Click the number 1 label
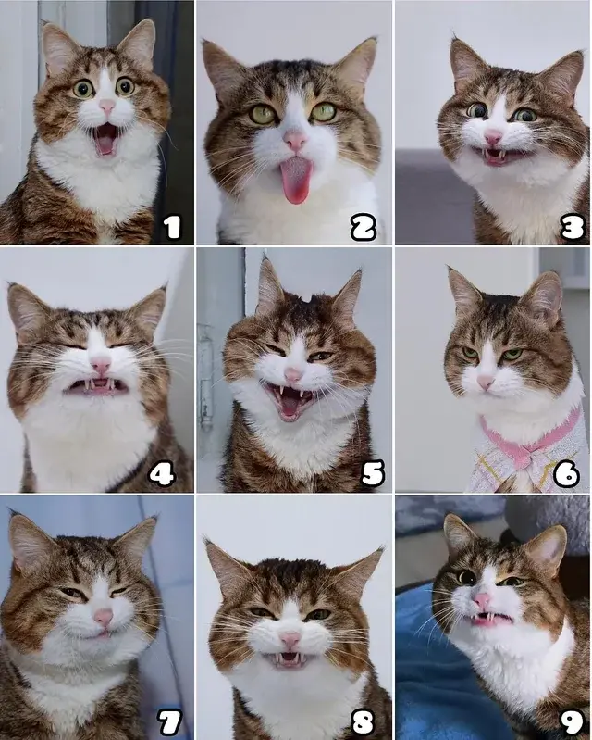click(x=172, y=227)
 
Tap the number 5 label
click(x=373, y=473)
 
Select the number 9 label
click(x=573, y=721)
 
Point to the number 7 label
click(x=169, y=721)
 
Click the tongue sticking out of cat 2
click(x=295, y=181)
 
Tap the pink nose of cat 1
click(x=107, y=107)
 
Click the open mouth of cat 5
click(x=289, y=401)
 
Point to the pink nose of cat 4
click(x=101, y=365)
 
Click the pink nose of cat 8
click(x=290, y=640)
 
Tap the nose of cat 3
click(x=493, y=137)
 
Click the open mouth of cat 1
click(x=105, y=138)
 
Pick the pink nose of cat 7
click(x=104, y=616)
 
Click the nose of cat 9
click(x=482, y=600)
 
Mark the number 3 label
click(x=573, y=227)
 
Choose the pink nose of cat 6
click(x=485, y=381)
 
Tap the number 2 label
click(x=364, y=227)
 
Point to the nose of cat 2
click(x=295, y=140)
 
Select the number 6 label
click(x=566, y=473)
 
